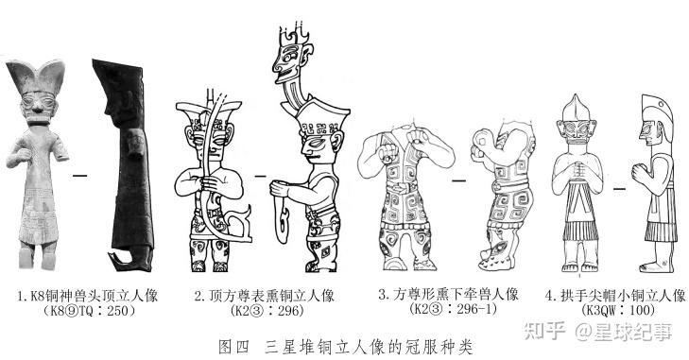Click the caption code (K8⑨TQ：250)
(x=89, y=311)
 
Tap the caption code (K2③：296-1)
(x=453, y=309)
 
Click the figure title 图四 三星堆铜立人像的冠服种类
(x=345, y=346)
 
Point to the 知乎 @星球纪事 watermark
(x=598, y=331)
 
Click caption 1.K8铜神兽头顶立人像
(x=88, y=296)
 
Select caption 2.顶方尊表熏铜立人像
(x=264, y=296)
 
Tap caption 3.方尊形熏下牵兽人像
(x=448, y=294)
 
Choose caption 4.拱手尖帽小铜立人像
(x=615, y=296)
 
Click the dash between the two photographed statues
(x=80, y=176)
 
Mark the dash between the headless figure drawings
(x=459, y=180)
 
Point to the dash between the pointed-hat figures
(x=619, y=189)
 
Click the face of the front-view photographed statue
(x=39, y=106)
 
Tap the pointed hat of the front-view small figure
(x=576, y=108)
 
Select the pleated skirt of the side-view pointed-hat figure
(x=661, y=231)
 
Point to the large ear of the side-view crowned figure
(x=336, y=141)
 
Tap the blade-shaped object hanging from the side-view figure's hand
(x=283, y=221)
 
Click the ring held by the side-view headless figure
(x=483, y=143)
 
